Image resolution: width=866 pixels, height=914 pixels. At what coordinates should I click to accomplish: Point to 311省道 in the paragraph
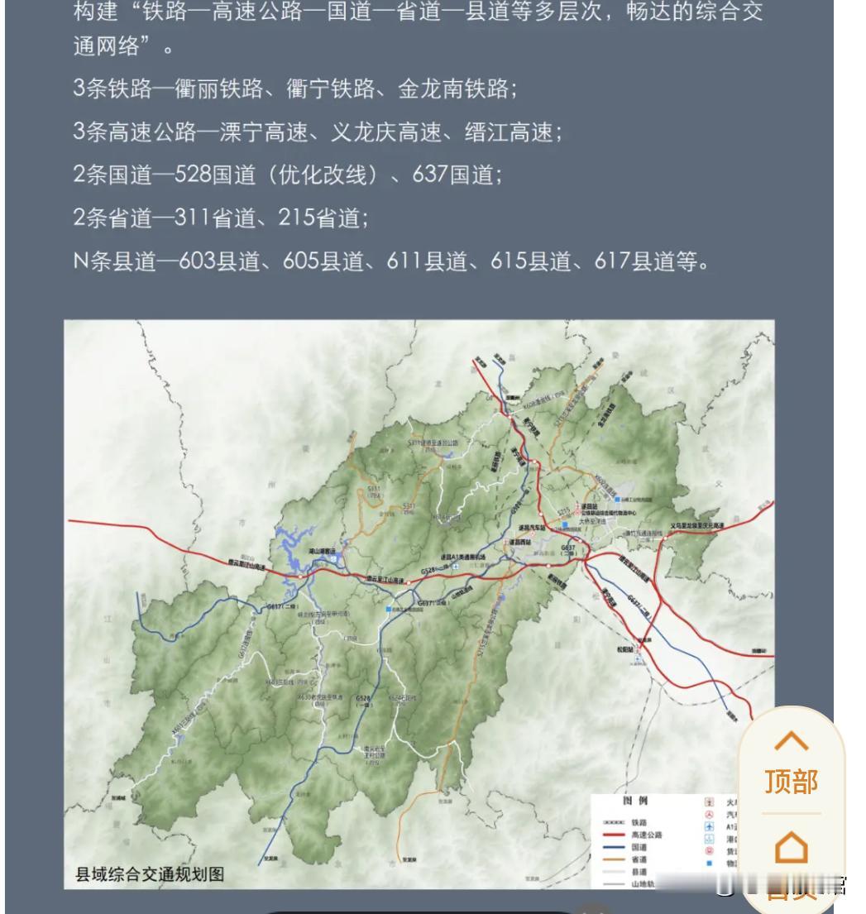[x=210, y=218]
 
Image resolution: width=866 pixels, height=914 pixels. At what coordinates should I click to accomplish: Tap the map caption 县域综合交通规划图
[x=150, y=874]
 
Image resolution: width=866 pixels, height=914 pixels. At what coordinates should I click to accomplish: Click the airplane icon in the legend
[x=708, y=826]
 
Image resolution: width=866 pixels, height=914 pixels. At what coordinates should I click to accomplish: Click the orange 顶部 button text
[x=791, y=782]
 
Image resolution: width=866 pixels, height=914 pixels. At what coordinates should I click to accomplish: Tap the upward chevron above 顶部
[x=791, y=740]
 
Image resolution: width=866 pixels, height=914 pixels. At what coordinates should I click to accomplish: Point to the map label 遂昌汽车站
[x=535, y=528]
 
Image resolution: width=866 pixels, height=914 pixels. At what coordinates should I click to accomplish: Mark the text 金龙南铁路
[x=458, y=89]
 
